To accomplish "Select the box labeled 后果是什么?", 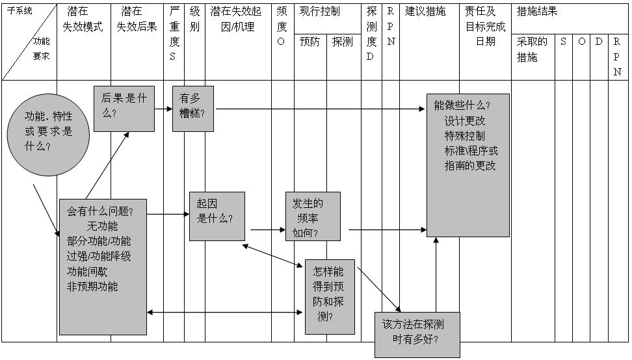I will [x=124, y=109].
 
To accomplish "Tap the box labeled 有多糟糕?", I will [x=192, y=109].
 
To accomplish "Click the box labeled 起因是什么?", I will [x=217, y=216].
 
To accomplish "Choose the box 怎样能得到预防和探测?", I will [x=330, y=296].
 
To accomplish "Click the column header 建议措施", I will [x=425, y=12].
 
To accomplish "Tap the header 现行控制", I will [x=320, y=12].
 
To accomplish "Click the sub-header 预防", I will [x=309, y=42].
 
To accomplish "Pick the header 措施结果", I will [x=537, y=12].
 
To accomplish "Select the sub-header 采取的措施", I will [x=532, y=49].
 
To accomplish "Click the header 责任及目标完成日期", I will [x=485, y=26].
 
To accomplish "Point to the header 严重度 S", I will [x=174, y=34].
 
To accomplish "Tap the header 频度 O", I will [x=282, y=27].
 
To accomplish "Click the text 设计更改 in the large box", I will [x=465, y=121].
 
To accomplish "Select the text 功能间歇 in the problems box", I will [x=89, y=271].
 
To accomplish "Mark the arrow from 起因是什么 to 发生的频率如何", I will [x=267, y=229].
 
